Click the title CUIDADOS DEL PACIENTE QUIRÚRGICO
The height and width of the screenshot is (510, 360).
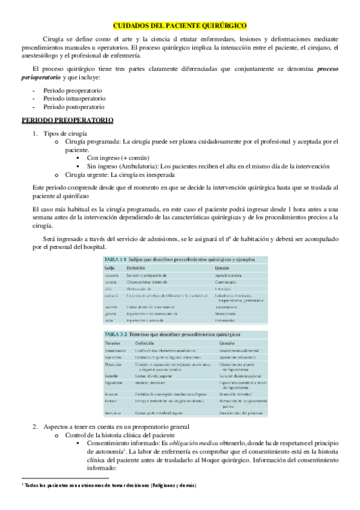click(x=180, y=26)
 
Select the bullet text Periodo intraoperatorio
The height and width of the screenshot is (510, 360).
click(x=75, y=97)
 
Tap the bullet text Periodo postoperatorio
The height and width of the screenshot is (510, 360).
click(x=75, y=106)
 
